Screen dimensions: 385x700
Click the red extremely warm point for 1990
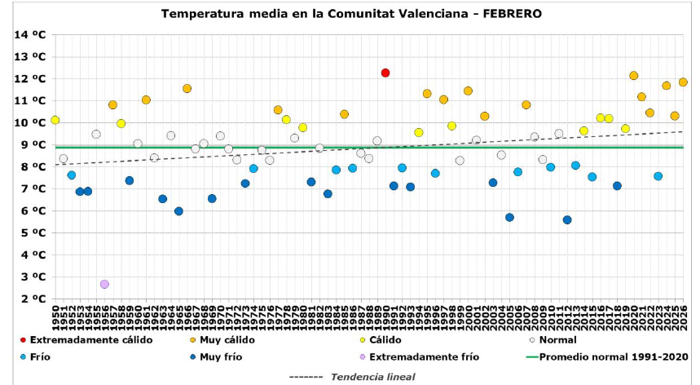coord(385,73)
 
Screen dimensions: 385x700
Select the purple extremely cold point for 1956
coord(104,284)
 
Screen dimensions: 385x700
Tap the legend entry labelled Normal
coord(557,339)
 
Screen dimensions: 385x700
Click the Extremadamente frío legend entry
coord(424,356)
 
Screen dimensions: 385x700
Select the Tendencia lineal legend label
coord(372,376)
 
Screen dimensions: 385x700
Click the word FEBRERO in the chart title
coord(511,14)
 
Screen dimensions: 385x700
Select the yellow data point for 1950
coord(55,120)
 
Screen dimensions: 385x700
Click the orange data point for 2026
coord(683,82)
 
